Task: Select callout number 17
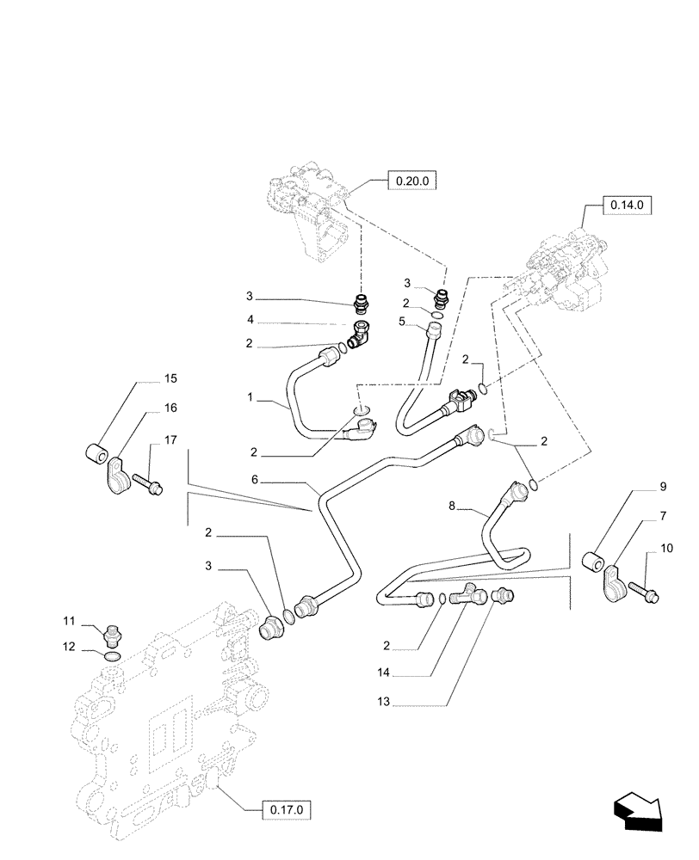tap(170, 439)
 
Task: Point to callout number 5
tap(402, 322)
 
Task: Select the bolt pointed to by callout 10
tap(644, 593)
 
